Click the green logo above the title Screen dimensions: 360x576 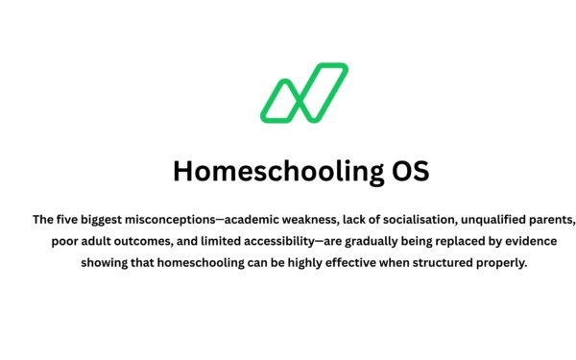click(304, 93)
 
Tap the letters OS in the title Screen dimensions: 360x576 click(409, 171)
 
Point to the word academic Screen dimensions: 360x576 click(252, 219)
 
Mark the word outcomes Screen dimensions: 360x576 click(139, 242)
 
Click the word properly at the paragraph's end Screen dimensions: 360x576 click(525, 265)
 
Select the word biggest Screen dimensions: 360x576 click(95, 219)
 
